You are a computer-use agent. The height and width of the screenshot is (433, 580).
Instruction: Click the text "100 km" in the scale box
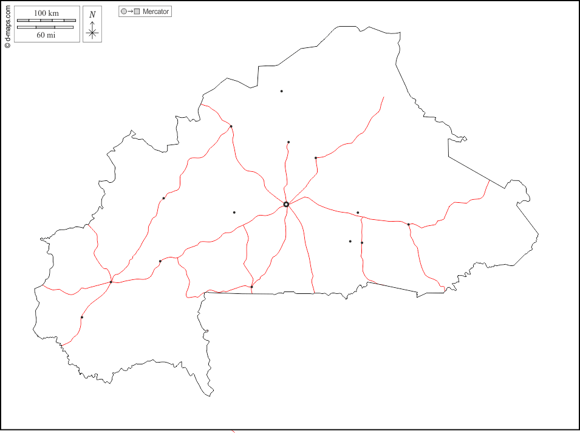[46, 13]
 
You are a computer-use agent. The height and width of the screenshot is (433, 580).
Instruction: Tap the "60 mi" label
[46, 35]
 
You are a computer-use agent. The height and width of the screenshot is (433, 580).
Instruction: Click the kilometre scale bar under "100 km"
[46, 21]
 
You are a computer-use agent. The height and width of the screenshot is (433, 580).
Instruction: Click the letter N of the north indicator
[92, 15]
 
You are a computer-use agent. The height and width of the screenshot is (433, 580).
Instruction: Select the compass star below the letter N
[92, 33]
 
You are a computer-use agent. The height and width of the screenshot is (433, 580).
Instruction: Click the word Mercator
[156, 12]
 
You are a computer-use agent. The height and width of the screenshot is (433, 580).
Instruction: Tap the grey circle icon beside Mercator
[124, 12]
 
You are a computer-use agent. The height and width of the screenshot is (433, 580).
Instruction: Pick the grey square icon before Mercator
[137, 12]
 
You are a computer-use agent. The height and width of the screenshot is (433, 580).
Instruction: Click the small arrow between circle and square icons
[131, 12]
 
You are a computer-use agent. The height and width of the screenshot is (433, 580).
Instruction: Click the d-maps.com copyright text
[7, 24]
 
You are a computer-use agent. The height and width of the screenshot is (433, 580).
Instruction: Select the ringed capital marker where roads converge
[286, 204]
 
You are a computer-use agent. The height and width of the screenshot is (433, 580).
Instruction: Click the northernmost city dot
[281, 91]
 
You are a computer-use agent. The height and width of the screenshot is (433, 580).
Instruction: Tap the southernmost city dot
[82, 317]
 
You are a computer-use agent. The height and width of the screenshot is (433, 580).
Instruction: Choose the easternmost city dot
[409, 224]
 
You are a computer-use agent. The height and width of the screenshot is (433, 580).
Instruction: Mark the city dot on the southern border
[251, 287]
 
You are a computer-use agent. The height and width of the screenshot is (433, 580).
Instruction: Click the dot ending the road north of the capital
[288, 142]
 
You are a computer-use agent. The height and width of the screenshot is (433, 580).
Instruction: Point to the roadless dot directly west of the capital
[234, 213]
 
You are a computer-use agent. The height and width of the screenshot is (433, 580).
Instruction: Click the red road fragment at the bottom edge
[234, 431]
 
